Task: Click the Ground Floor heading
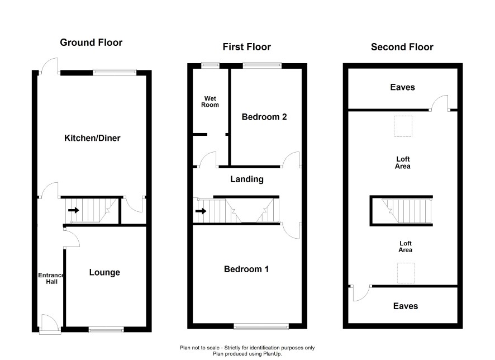(91, 42)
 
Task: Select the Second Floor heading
(402, 47)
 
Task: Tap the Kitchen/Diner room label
(92, 138)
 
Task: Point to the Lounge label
(104, 273)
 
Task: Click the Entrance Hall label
(51, 278)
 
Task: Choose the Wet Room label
(210, 102)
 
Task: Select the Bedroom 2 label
(264, 117)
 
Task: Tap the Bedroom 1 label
(246, 269)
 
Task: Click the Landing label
(247, 179)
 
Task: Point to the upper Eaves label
(402, 87)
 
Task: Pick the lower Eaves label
(406, 306)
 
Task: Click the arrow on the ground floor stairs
(74, 210)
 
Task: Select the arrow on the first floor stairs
(201, 211)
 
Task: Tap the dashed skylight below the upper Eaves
(403, 126)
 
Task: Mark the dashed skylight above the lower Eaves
(406, 273)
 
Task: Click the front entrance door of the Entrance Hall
(50, 323)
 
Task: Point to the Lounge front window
(106, 330)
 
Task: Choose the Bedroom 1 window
(261, 326)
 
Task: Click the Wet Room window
(211, 65)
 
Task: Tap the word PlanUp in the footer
(273, 354)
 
